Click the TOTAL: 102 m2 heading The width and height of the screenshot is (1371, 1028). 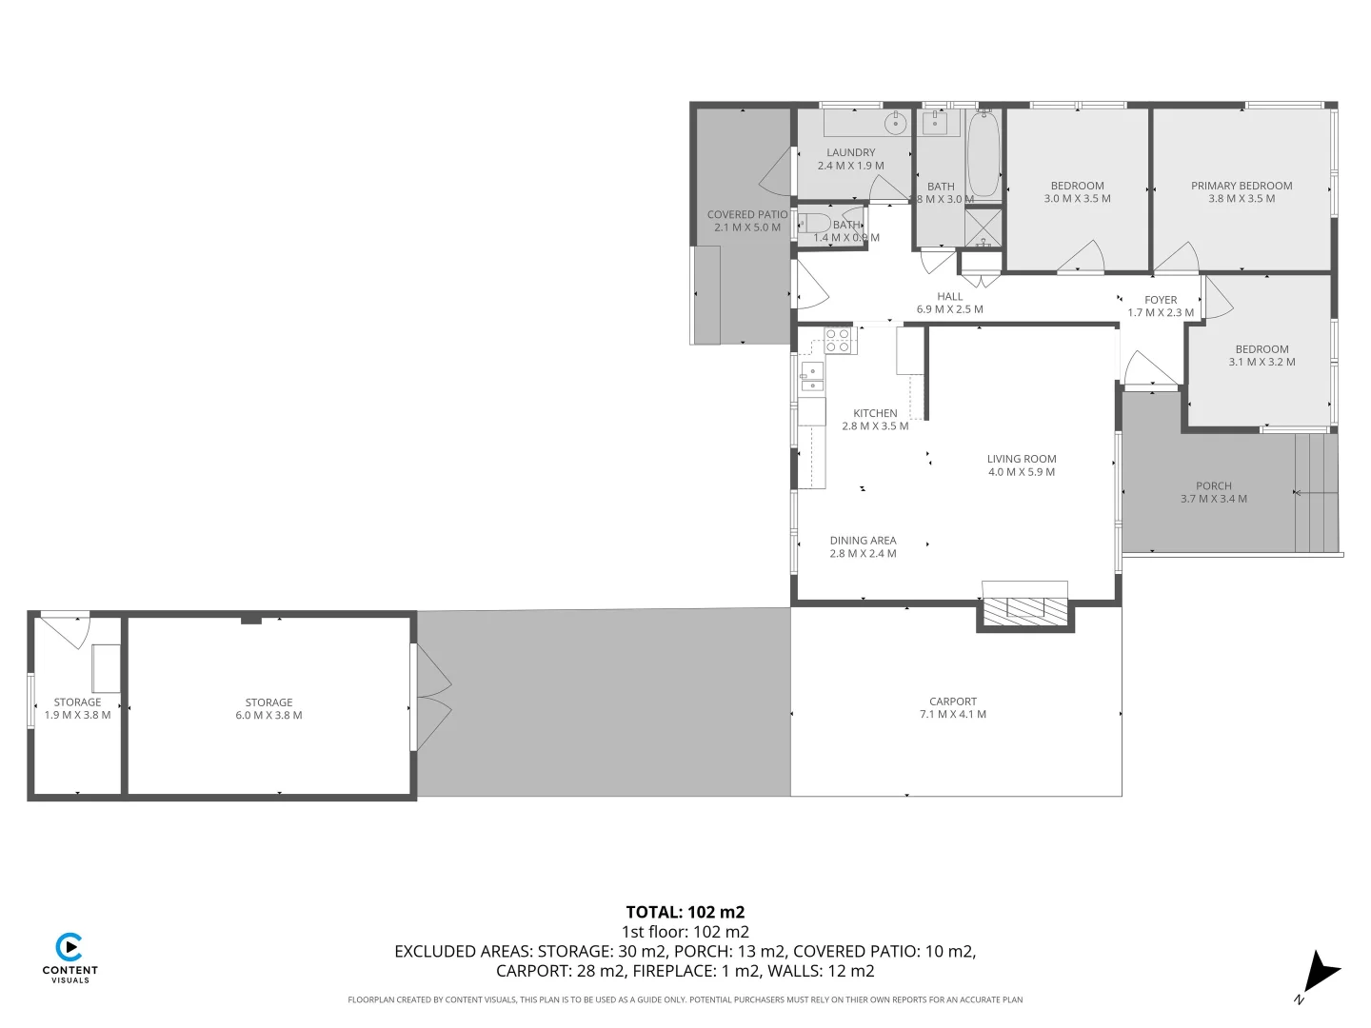tap(685, 912)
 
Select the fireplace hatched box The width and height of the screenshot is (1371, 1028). tap(1024, 608)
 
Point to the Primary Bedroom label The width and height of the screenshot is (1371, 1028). tap(1242, 186)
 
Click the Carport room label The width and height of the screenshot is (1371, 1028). tap(953, 702)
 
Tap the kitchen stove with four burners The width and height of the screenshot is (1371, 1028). tap(840, 340)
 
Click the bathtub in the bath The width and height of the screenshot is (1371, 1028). tap(984, 155)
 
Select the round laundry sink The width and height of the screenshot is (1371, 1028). tap(895, 123)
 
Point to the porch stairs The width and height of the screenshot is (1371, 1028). tap(1317, 493)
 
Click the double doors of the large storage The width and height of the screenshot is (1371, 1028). tap(431, 698)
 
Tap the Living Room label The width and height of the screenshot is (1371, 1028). tap(1021, 459)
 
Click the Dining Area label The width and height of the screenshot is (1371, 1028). tap(863, 541)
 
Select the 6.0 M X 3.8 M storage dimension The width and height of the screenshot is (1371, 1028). tap(268, 716)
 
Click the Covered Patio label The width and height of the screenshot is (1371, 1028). tap(746, 215)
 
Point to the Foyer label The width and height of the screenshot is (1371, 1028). tap(1161, 300)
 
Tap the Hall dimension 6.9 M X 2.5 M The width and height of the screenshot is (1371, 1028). tap(949, 309)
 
